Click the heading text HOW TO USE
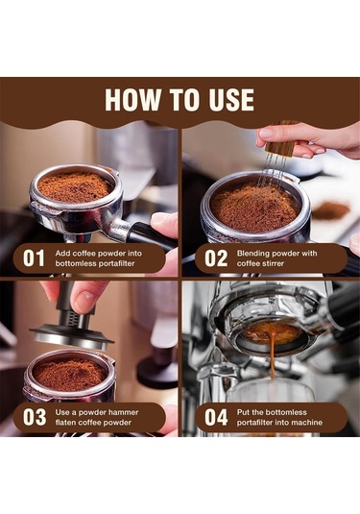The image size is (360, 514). tap(180, 100)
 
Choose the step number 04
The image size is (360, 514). tap(215, 417)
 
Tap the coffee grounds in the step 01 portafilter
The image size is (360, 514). tap(74, 186)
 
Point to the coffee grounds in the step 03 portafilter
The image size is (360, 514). tap(68, 374)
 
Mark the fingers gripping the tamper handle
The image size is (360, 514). tap(82, 293)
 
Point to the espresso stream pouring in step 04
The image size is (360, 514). tap(272, 360)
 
